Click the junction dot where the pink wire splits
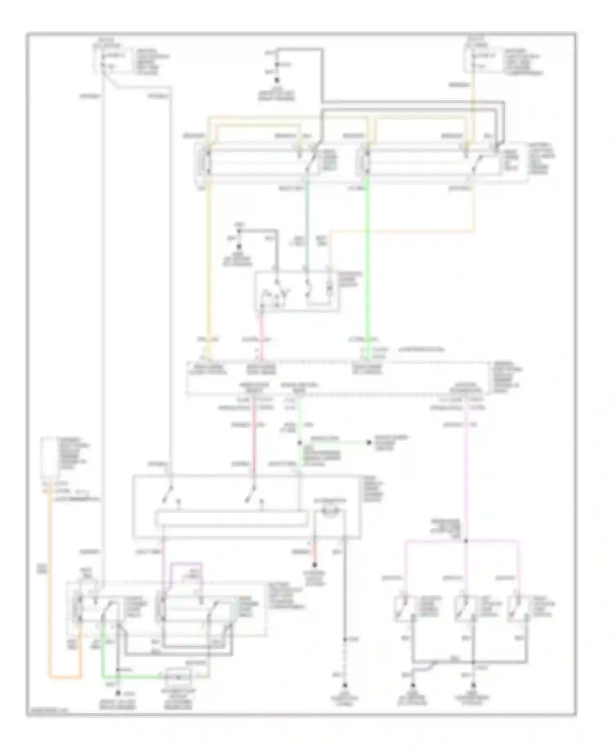(x=466, y=541)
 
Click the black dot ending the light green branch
(x=369, y=443)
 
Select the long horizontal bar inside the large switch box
(x=231, y=518)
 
